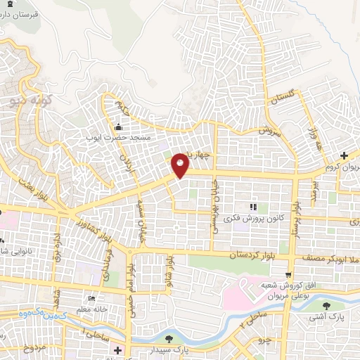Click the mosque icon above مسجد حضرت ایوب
click(x=117, y=127)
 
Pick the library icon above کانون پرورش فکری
click(x=252, y=207)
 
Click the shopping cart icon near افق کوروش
click(x=288, y=275)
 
